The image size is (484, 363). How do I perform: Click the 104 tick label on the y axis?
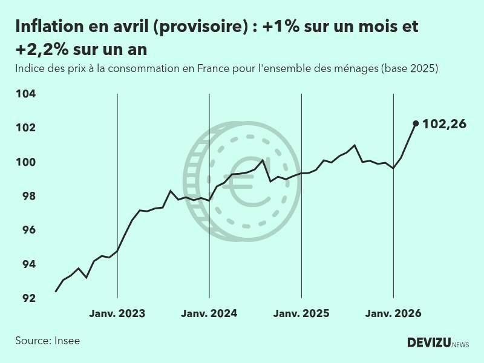(25, 94)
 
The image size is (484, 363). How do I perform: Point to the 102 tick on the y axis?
(25, 128)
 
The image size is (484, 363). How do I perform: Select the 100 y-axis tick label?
(25, 162)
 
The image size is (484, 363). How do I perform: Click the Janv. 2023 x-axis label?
(117, 314)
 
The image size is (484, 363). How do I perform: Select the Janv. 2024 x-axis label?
(209, 314)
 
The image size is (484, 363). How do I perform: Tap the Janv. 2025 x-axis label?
(301, 314)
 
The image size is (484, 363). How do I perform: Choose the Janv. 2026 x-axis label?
(393, 314)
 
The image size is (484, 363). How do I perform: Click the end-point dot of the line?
(416, 123)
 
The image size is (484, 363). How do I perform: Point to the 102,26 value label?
(445, 124)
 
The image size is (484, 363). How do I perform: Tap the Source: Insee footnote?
(48, 341)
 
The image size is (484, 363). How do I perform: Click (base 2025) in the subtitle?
(409, 68)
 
